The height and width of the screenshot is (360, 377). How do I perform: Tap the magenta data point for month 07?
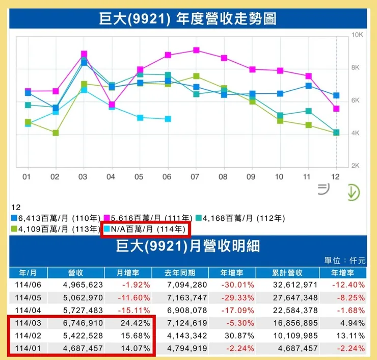(196, 50)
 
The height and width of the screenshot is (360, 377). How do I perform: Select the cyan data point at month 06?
(168, 119)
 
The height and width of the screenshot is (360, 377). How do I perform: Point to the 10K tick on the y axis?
(357, 35)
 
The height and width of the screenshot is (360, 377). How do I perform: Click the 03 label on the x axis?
(84, 176)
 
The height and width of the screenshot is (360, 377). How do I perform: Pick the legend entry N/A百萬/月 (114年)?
(145, 229)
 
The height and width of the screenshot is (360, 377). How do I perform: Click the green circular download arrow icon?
(352, 192)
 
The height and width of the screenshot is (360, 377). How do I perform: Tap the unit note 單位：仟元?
(344, 260)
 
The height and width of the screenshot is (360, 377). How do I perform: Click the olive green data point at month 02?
(56, 133)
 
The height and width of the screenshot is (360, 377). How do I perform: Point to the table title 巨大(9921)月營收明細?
(188, 247)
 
